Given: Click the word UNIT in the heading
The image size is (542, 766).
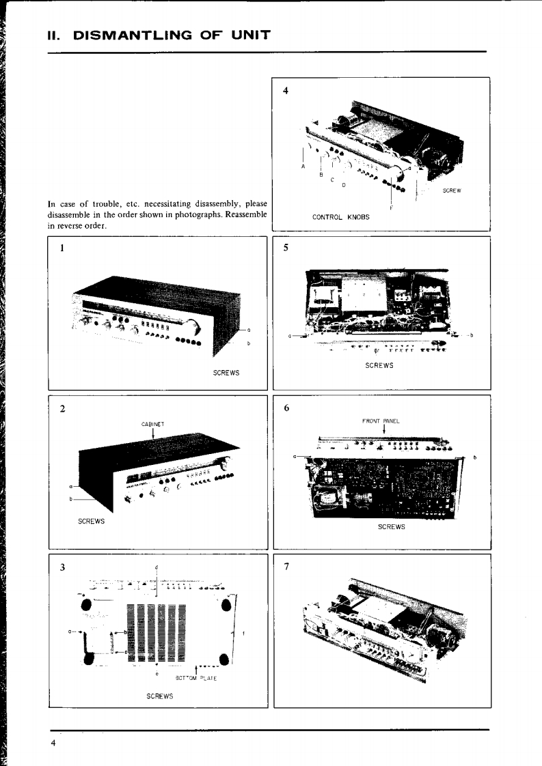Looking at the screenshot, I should click(x=249, y=34).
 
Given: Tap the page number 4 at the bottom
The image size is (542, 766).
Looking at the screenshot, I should click(x=53, y=743).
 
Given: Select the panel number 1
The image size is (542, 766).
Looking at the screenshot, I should click(x=62, y=249).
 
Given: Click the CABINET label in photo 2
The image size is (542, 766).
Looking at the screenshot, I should click(x=152, y=424).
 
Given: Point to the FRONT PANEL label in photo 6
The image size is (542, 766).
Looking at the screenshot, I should click(x=381, y=421).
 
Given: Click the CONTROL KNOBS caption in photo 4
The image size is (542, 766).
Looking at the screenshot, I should click(x=340, y=217).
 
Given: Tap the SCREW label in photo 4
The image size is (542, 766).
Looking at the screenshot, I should click(x=451, y=190).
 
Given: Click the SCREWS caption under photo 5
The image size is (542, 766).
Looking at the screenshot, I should click(x=379, y=366).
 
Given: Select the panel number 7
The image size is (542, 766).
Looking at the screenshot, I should click(x=286, y=567).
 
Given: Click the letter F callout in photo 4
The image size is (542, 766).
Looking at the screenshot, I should click(x=391, y=208).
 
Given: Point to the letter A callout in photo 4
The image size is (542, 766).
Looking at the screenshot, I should click(x=302, y=166).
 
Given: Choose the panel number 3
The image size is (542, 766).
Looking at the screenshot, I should click(x=62, y=567).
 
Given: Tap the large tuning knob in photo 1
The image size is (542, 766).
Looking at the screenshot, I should click(x=194, y=326).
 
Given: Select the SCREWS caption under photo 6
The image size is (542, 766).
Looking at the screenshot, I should click(x=391, y=527).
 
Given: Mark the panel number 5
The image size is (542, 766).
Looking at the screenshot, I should click(x=286, y=249).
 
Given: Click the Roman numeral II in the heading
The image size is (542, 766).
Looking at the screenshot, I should click(x=54, y=34).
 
